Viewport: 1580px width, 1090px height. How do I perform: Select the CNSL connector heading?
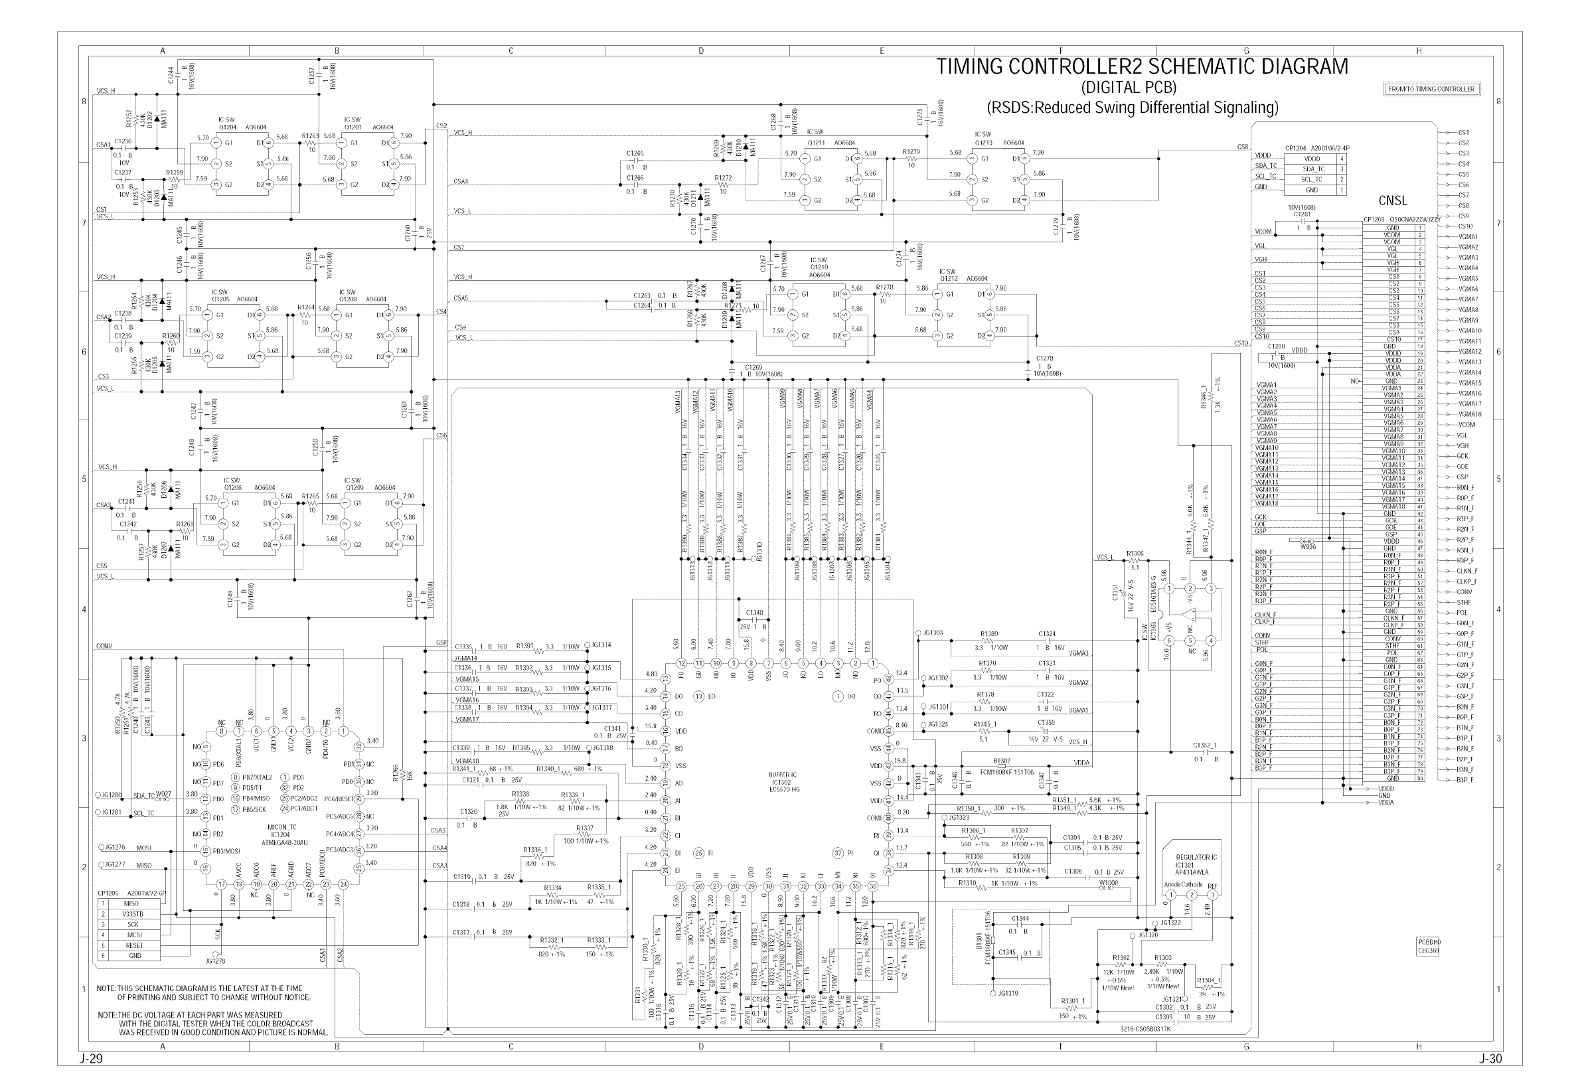(x=1393, y=200)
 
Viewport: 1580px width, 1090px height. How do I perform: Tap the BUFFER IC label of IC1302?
(x=783, y=775)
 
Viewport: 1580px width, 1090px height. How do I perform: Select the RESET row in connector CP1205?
(x=135, y=945)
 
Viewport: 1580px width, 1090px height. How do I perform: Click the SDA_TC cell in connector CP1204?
(x=1313, y=169)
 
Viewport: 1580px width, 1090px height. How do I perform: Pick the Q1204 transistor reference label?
(x=227, y=127)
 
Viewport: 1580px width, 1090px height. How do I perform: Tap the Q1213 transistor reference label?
(x=983, y=143)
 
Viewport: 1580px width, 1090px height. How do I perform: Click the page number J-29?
(x=91, y=1059)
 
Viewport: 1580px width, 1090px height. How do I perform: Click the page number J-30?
(x=1490, y=1059)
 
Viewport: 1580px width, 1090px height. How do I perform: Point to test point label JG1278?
(x=215, y=961)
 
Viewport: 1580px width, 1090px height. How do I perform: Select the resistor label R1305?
(x=1135, y=553)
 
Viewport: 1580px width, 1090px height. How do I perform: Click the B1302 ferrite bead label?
(x=1002, y=760)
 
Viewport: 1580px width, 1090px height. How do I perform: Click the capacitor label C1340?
(x=755, y=613)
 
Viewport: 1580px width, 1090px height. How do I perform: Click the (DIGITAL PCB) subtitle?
(x=1129, y=88)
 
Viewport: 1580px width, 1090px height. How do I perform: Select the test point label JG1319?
(x=1008, y=993)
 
